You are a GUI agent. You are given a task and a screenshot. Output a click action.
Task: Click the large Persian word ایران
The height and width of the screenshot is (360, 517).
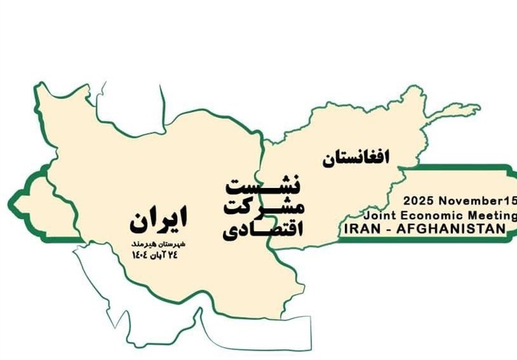coord(158,220)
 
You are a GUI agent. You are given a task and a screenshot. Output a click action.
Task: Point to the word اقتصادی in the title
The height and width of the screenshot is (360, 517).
coord(263,229)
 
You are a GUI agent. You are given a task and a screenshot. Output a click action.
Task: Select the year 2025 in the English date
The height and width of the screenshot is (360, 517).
coord(414,201)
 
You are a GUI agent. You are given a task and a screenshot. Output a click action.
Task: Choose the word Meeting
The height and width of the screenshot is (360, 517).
coord(494,215)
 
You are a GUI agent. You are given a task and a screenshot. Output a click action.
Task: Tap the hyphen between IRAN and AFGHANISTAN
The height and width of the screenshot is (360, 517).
coord(390,229)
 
